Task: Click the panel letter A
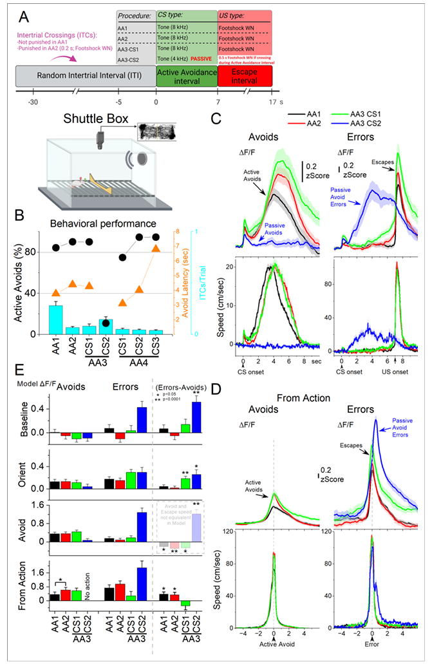[x=24, y=14]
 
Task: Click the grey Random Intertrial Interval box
[x=86, y=77]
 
